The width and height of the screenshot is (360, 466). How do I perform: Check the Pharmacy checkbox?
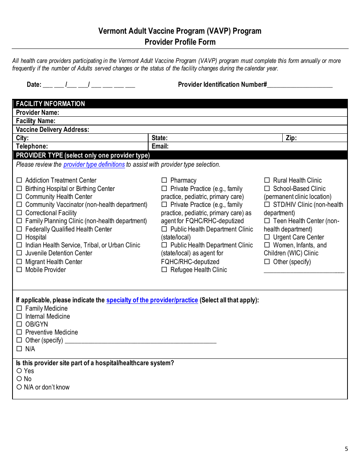[164, 180]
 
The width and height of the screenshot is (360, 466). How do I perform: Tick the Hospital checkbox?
[19, 237]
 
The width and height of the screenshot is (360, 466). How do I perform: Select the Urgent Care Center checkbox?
[267, 237]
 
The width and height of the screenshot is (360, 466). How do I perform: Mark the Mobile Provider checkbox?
[19, 270]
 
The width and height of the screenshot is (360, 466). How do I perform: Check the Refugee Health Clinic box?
[164, 270]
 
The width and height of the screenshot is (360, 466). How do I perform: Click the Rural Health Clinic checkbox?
[267, 180]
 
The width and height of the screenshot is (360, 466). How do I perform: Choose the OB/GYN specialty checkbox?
[19, 324]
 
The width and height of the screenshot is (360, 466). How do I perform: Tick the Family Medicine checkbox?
[19, 308]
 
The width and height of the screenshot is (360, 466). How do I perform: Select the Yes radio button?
[19, 371]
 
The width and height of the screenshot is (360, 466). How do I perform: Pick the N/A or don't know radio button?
[19, 387]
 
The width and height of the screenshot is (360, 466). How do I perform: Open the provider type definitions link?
[94, 164]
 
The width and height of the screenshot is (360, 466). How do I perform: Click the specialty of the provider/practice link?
[152, 300]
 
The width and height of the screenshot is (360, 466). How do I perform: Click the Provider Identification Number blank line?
[300, 85]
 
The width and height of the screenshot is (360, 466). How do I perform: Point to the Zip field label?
[291, 138]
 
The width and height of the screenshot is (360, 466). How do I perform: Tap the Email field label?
[160, 146]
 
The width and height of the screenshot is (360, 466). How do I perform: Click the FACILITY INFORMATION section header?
[50, 104]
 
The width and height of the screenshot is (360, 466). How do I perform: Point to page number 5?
[346, 449]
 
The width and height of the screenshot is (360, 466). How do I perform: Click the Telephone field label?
[32, 146]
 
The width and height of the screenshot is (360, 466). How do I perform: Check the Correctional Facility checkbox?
[19, 213]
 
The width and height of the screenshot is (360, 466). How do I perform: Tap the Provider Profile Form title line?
[180, 42]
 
